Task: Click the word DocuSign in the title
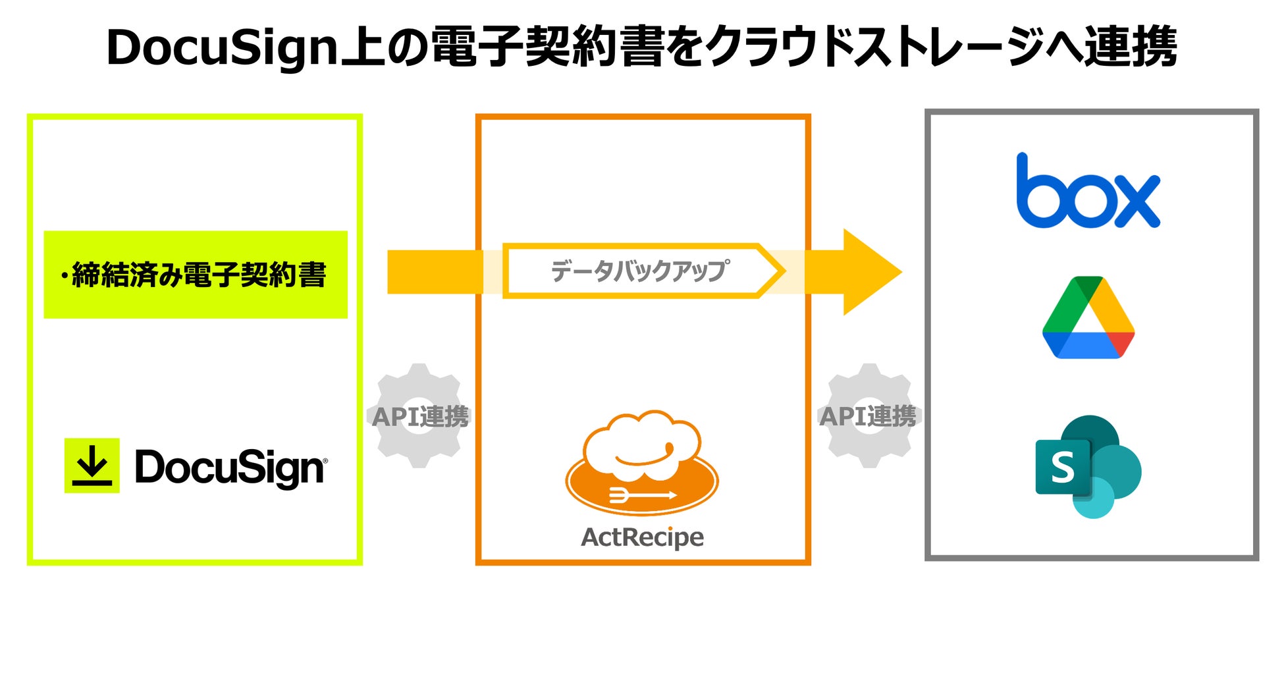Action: [222, 48]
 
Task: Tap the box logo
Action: [1088, 191]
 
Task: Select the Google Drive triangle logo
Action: [1088, 317]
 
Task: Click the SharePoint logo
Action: [1088, 466]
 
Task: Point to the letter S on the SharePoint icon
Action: [1063, 468]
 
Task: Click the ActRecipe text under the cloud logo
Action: [642, 537]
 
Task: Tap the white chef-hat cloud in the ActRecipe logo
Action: [642, 444]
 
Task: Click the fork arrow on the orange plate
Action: [643, 495]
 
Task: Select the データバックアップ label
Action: [639, 271]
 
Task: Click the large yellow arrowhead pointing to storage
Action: [869, 271]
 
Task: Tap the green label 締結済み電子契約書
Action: [196, 275]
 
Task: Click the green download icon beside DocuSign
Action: [92, 466]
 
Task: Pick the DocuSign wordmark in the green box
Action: [230, 468]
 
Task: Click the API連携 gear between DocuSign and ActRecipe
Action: [419, 416]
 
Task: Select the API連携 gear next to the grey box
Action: [869, 416]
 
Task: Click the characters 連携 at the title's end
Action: [1131, 47]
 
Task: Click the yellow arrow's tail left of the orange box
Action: [435, 271]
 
